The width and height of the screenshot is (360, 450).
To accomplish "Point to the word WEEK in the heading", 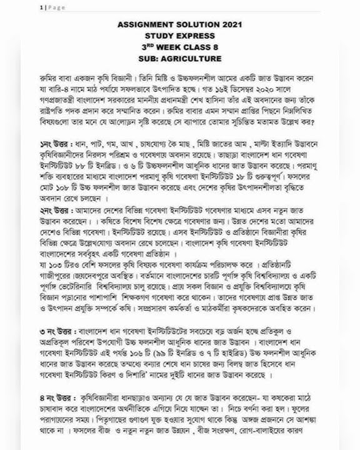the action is click(x=176, y=47).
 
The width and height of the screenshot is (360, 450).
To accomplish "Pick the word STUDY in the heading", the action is click(x=159, y=36).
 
